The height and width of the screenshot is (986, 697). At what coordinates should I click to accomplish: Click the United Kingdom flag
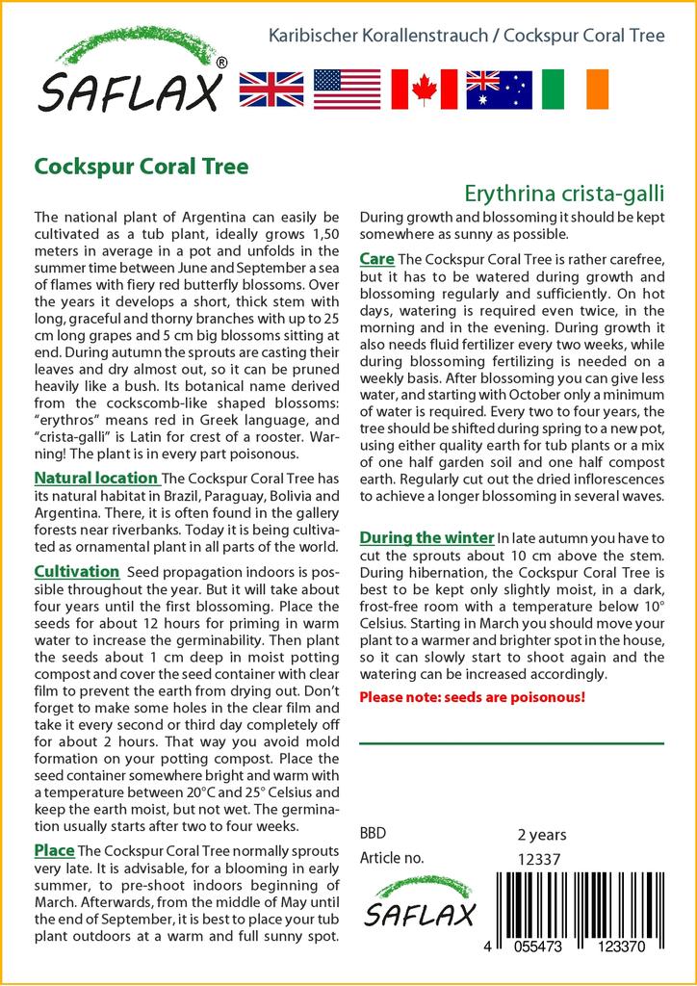point(271,89)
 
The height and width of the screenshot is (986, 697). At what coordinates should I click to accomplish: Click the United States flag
point(348,89)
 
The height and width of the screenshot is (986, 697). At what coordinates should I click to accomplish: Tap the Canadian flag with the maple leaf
point(424,89)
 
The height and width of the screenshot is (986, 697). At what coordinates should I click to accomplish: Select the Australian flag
point(499,89)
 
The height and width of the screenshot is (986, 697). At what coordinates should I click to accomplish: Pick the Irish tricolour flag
point(575,89)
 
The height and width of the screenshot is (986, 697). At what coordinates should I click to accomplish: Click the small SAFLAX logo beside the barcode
point(419,902)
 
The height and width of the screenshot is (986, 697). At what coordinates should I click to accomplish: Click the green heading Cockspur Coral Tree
point(142,167)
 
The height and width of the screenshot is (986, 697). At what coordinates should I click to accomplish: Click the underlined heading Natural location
point(96,478)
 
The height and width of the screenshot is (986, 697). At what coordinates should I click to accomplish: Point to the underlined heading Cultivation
point(76,572)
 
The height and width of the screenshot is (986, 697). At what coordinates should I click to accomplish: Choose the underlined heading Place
point(54,850)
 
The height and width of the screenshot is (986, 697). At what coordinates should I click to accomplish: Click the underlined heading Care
point(376,259)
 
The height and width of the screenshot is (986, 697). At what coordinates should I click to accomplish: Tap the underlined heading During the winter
point(426,537)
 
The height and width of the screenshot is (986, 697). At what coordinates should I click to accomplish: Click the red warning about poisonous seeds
point(472,696)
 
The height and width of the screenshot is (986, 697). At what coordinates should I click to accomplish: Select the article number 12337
point(539,858)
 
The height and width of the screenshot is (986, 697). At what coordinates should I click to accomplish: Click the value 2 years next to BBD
point(542,834)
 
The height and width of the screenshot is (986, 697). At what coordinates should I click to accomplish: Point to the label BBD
point(373,834)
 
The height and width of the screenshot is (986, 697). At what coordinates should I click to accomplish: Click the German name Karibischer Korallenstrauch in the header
point(376,37)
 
